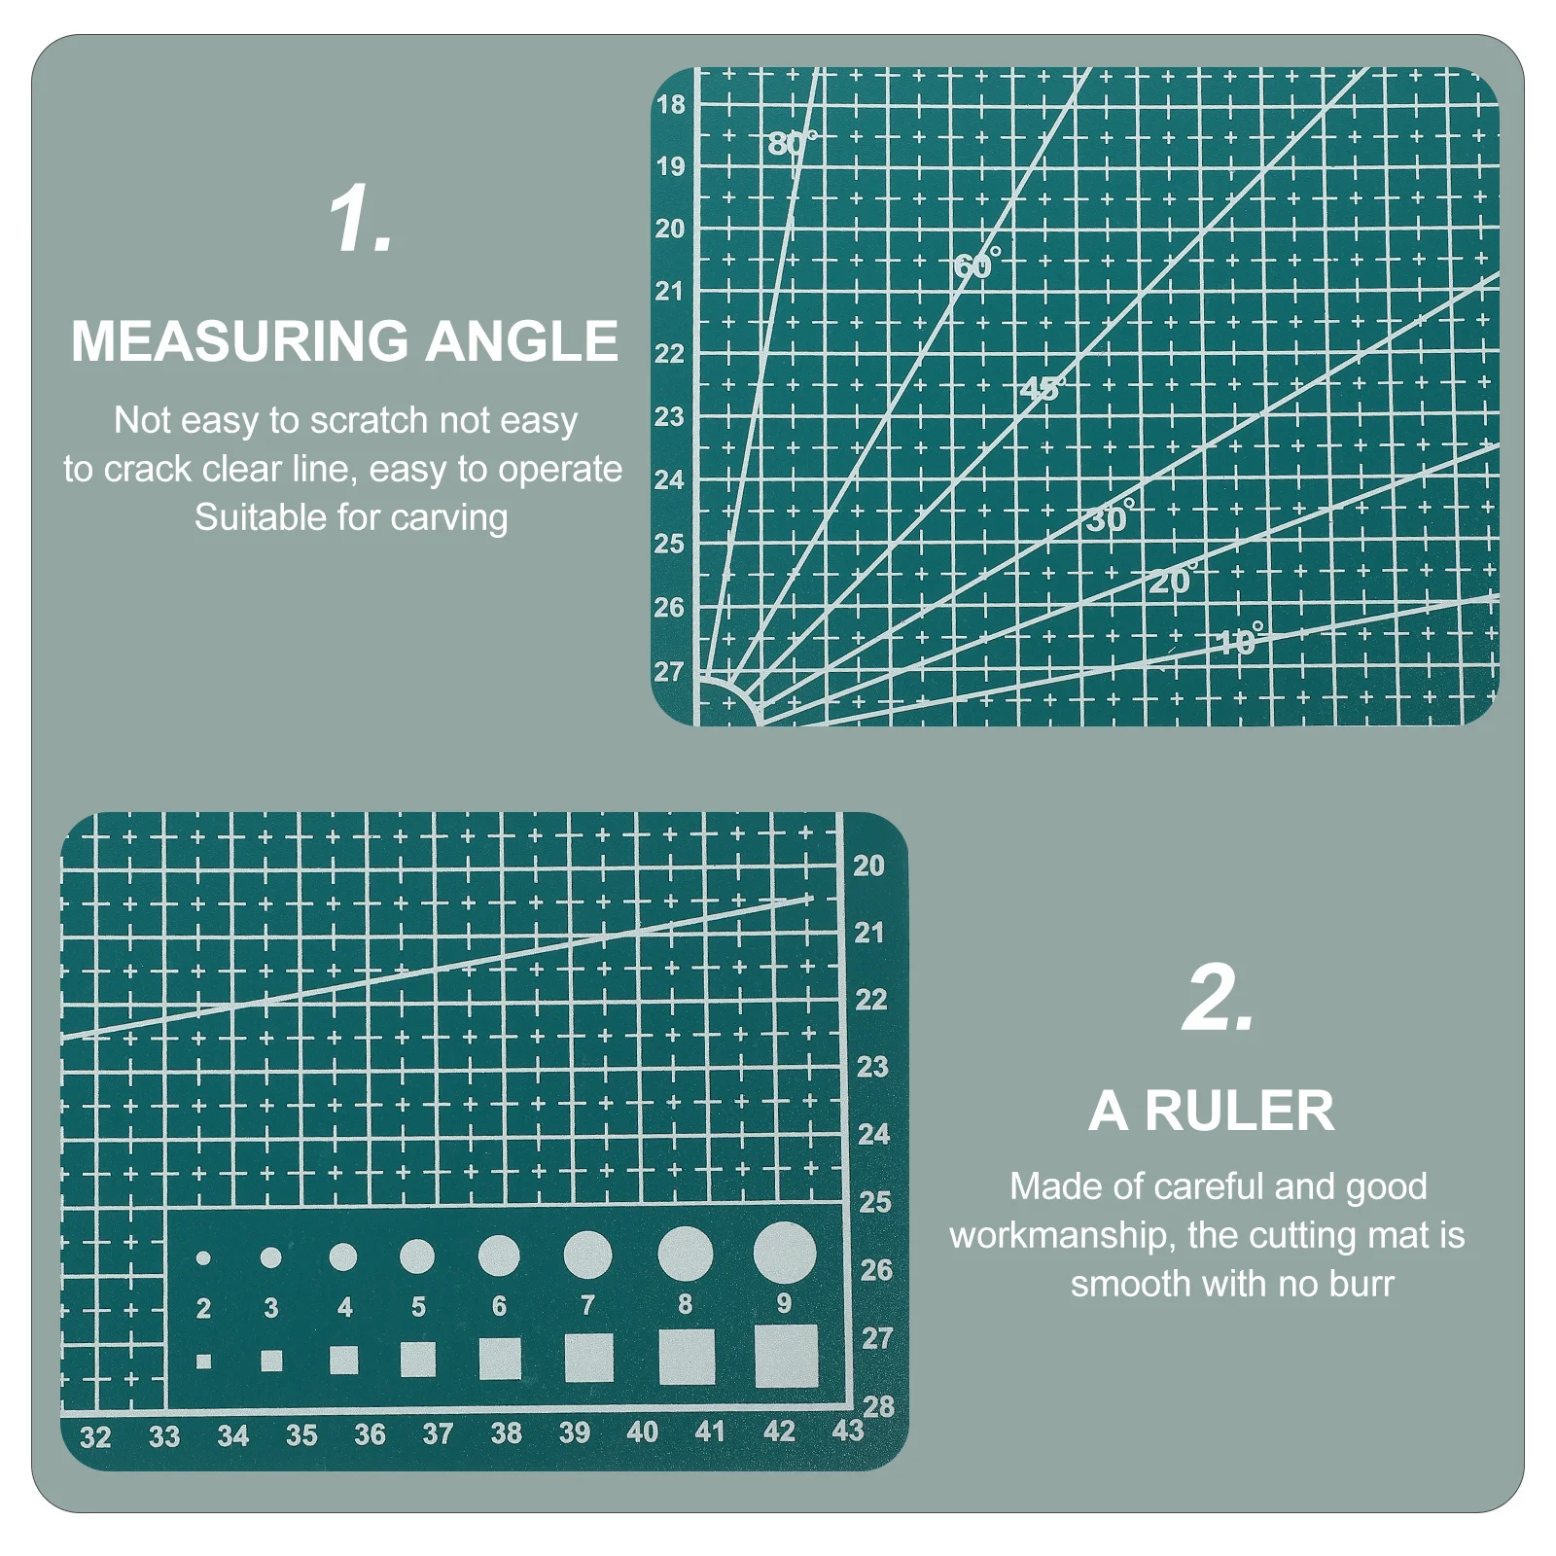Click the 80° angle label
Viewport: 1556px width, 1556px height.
tap(792, 144)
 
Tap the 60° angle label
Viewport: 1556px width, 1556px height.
tap(975, 264)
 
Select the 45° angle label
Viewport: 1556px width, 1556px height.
tap(1042, 389)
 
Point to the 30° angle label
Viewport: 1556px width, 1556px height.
tap(1110, 518)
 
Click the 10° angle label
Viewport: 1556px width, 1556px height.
tap(1240, 641)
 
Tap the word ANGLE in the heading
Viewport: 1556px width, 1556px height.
tap(521, 341)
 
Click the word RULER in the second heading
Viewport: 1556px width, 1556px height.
tap(1239, 1111)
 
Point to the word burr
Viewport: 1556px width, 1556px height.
tap(1361, 1284)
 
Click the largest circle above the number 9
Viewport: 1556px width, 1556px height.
tap(784, 1252)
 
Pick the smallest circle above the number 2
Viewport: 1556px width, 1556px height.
tap(203, 1258)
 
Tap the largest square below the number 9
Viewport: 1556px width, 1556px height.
tap(786, 1357)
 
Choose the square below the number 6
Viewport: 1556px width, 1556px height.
tap(500, 1359)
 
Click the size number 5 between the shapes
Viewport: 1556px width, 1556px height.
tap(418, 1307)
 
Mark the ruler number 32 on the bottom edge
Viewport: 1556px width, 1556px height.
tap(95, 1437)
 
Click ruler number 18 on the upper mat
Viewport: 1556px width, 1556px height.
tap(670, 104)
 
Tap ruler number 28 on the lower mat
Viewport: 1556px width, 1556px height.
tap(878, 1406)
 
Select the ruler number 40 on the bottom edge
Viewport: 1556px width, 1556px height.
tap(642, 1432)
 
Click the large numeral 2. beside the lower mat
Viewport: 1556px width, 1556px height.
tap(1218, 999)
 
